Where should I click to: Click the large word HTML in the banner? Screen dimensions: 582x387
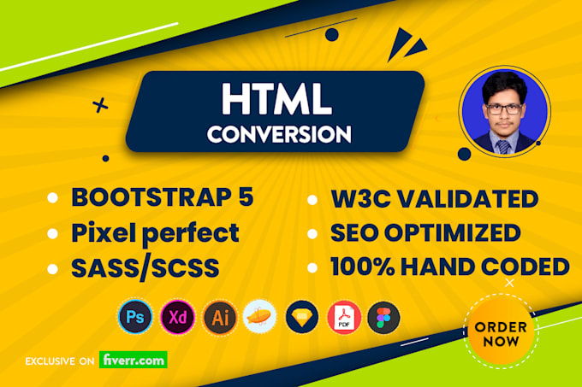pyautogui.click(x=276, y=99)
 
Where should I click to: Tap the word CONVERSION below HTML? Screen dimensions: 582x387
pyautogui.click(x=279, y=134)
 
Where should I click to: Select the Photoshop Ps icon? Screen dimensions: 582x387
pyautogui.click(x=135, y=317)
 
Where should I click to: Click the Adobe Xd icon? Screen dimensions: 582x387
pyautogui.click(x=177, y=317)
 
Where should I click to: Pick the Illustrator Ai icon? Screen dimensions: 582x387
pyautogui.click(x=220, y=318)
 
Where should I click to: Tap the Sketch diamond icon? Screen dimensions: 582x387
pyautogui.click(x=302, y=318)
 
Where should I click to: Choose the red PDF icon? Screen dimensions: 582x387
pyautogui.click(x=344, y=318)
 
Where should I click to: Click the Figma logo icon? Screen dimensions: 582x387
pyautogui.click(x=383, y=318)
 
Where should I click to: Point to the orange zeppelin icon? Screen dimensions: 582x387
pyautogui.click(x=260, y=317)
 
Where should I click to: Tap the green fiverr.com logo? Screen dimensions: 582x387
pyautogui.click(x=134, y=360)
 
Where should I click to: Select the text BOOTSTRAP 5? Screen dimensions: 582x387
pyautogui.click(x=163, y=197)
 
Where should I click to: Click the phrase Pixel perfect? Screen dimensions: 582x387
pyautogui.click(x=155, y=233)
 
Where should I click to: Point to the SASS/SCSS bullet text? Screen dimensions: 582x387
pyautogui.click(x=145, y=268)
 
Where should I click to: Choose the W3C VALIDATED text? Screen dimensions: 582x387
pyautogui.click(x=435, y=199)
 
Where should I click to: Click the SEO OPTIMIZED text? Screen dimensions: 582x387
pyautogui.click(x=425, y=233)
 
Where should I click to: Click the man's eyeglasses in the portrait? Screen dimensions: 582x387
pyautogui.click(x=503, y=108)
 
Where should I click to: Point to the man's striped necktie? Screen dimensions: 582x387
pyautogui.click(x=503, y=147)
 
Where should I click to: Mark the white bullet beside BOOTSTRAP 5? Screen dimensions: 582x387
pyautogui.click(x=53, y=197)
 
